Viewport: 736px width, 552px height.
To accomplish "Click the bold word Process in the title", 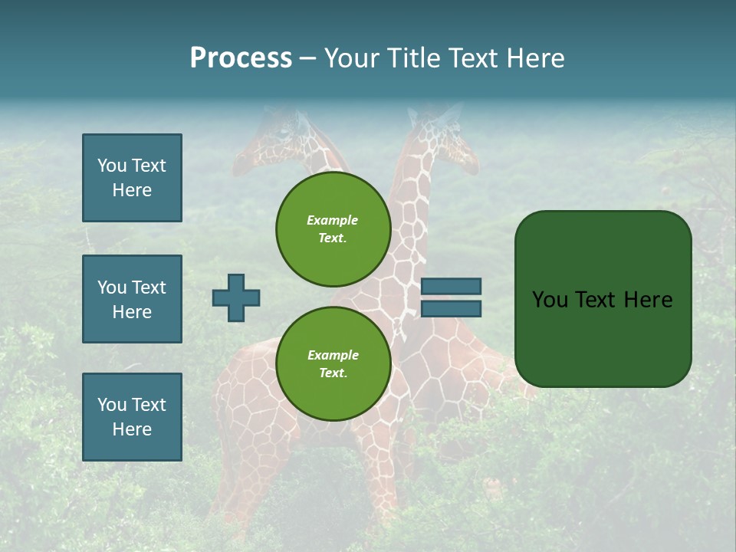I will click(241, 58).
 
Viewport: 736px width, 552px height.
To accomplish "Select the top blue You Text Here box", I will click(132, 178).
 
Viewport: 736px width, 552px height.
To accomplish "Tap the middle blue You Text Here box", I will click(132, 299).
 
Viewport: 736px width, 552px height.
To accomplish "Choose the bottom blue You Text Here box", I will click(132, 417).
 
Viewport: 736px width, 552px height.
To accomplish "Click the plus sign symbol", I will click(236, 297).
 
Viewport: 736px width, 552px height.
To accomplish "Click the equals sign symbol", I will click(451, 297).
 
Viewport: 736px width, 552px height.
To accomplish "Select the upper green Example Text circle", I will click(333, 229).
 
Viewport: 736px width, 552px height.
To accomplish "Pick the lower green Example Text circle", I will click(333, 363).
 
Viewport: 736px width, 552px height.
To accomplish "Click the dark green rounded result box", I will click(603, 299).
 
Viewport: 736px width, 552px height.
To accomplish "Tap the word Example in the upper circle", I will click(333, 221).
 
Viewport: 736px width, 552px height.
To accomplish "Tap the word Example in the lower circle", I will click(333, 355).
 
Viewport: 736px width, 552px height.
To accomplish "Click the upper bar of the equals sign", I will click(451, 286).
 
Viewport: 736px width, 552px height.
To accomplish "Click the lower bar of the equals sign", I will click(451, 308).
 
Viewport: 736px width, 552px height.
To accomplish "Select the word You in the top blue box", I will click(111, 166).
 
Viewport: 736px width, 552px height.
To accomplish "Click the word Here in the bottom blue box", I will click(132, 429).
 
